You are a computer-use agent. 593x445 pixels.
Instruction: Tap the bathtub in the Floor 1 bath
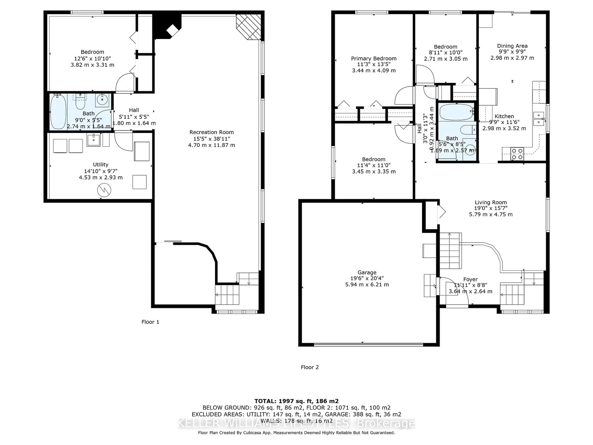point(58,111)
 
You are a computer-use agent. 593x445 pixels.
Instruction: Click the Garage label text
point(367,272)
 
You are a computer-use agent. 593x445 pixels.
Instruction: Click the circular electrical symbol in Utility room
point(104,190)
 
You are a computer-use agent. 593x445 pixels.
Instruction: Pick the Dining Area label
point(512,46)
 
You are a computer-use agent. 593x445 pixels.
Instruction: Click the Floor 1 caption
point(150,322)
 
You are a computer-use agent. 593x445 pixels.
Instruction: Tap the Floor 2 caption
point(310,367)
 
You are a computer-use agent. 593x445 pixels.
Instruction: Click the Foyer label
point(470,279)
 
